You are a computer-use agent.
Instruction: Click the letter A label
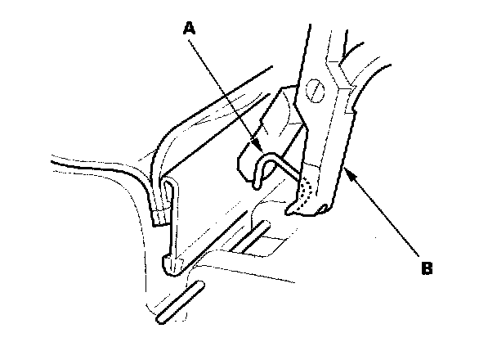(190, 27)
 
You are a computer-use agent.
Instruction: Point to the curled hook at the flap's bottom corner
(172, 264)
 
